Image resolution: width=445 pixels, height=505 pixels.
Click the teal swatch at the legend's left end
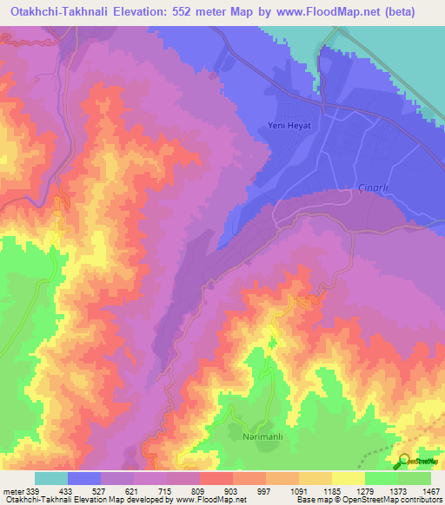[x=51, y=478]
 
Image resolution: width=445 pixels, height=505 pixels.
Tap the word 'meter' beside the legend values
[x=13, y=490]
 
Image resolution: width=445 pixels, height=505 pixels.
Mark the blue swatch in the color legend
[x=84, y=478]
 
